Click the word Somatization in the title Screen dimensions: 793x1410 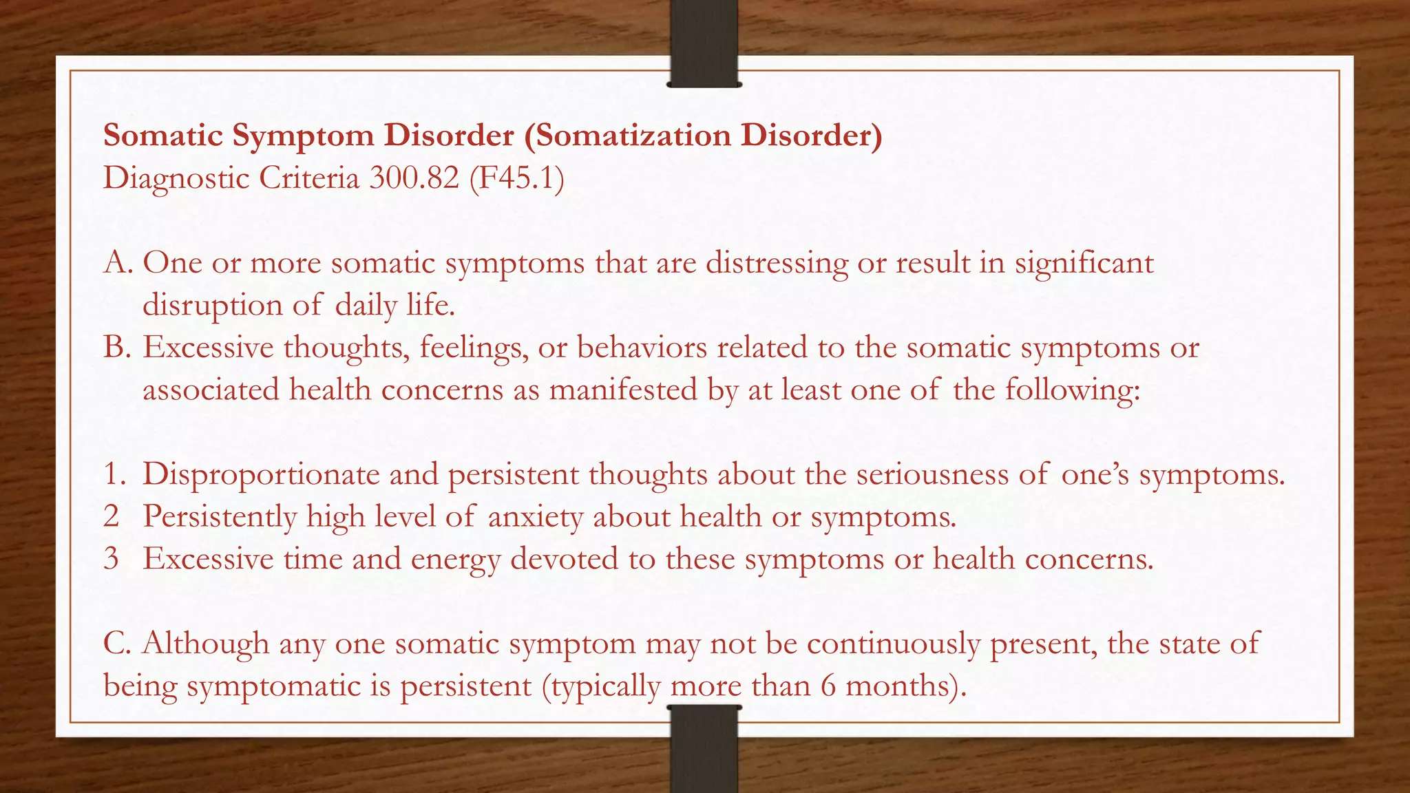(x=633, y=136)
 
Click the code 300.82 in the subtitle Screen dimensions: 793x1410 (x=414, y=178)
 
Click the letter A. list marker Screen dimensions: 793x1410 (x=118, y=263)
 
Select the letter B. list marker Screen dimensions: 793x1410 (x=117, y=348)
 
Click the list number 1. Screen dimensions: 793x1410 (x=114, y=474)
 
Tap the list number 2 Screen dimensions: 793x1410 (x=112, y=516)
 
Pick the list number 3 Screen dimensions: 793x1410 (x=112, y=558)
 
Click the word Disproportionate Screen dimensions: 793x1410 (x=261, y=474)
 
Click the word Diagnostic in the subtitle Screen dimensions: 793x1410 (x=176, y=178)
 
